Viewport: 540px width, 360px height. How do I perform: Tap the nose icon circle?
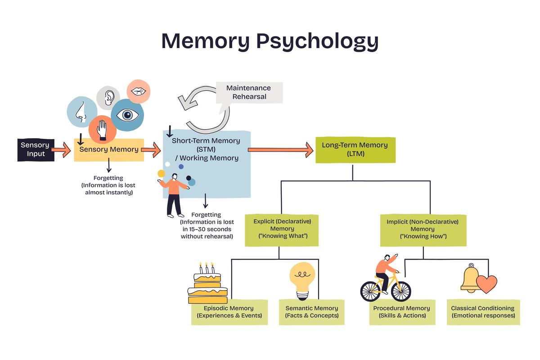81,112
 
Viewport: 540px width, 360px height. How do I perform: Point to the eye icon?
127,115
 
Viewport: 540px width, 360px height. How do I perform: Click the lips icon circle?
138,91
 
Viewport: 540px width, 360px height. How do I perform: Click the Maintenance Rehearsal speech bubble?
249,92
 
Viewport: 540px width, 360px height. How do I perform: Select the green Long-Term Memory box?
355,149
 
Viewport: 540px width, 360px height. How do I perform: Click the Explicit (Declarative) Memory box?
282,229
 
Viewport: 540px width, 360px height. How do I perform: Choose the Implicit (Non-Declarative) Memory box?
423,229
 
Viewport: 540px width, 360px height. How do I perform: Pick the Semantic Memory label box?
311,312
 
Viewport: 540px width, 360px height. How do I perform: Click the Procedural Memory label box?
401,312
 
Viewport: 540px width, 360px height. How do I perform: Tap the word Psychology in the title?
317,41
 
